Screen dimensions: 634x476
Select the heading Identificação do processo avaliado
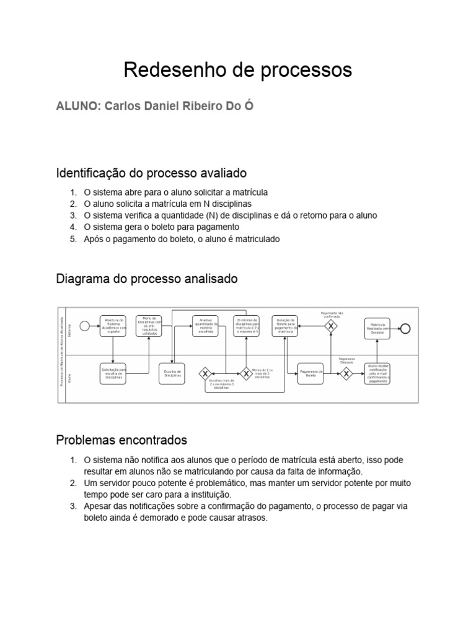coord(151,172)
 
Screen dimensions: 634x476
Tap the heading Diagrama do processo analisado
coord(147,279)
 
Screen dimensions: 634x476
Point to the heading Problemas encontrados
coord(121,440)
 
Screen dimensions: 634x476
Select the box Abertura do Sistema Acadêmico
coord(113,326)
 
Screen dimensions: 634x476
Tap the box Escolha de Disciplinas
coord(173,373)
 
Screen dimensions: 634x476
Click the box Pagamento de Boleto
coord(311,373)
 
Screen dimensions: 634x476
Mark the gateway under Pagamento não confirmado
coord(331,326)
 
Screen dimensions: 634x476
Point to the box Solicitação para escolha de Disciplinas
coord(113,373)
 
